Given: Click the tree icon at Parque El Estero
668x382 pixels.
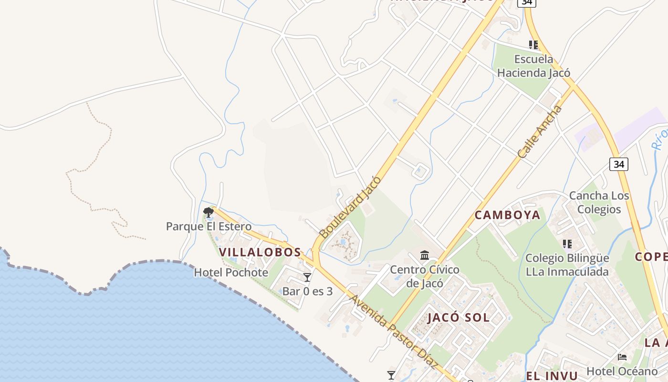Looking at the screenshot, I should point(208,212).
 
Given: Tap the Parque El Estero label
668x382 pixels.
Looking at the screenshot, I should point(209,226).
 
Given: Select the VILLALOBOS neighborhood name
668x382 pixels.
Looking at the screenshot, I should point(260,252).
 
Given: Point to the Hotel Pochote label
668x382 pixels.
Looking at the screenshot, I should point(231,273).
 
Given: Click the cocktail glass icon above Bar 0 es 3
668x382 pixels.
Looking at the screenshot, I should point(307,277).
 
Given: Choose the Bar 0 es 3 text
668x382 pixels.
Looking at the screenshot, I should point(307,291).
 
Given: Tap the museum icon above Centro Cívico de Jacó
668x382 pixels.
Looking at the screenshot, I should point(425,255).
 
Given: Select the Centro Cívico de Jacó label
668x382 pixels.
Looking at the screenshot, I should point(425,276).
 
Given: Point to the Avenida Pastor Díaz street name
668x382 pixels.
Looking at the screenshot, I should point(394,332).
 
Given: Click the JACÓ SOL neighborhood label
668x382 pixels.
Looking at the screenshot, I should point(459,318).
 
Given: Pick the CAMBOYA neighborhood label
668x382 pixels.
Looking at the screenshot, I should point(507,215).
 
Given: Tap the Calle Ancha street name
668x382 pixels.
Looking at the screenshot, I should point(540,132).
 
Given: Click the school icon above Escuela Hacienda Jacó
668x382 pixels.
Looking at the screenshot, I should point(533,45).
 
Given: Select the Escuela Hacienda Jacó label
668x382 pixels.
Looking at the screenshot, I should point(533,66).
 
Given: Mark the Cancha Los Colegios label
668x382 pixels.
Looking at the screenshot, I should point(599,202).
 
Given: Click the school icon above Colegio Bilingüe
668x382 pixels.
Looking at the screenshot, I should point(567,244).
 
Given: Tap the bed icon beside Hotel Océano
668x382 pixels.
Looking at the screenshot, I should point(622,357).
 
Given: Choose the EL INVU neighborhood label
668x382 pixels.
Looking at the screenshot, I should point(552,375).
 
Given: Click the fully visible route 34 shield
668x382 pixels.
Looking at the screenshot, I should point(618,164).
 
